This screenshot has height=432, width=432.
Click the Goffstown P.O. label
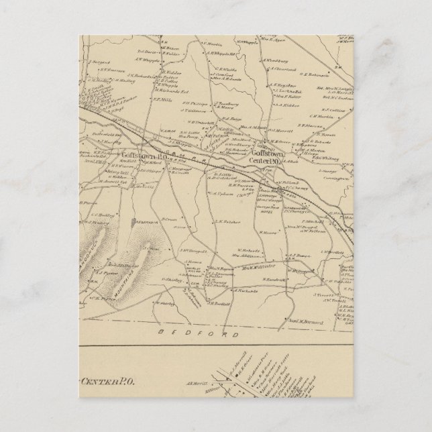(x=101, y=154)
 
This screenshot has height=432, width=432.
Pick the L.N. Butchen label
(x=227, y=219)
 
